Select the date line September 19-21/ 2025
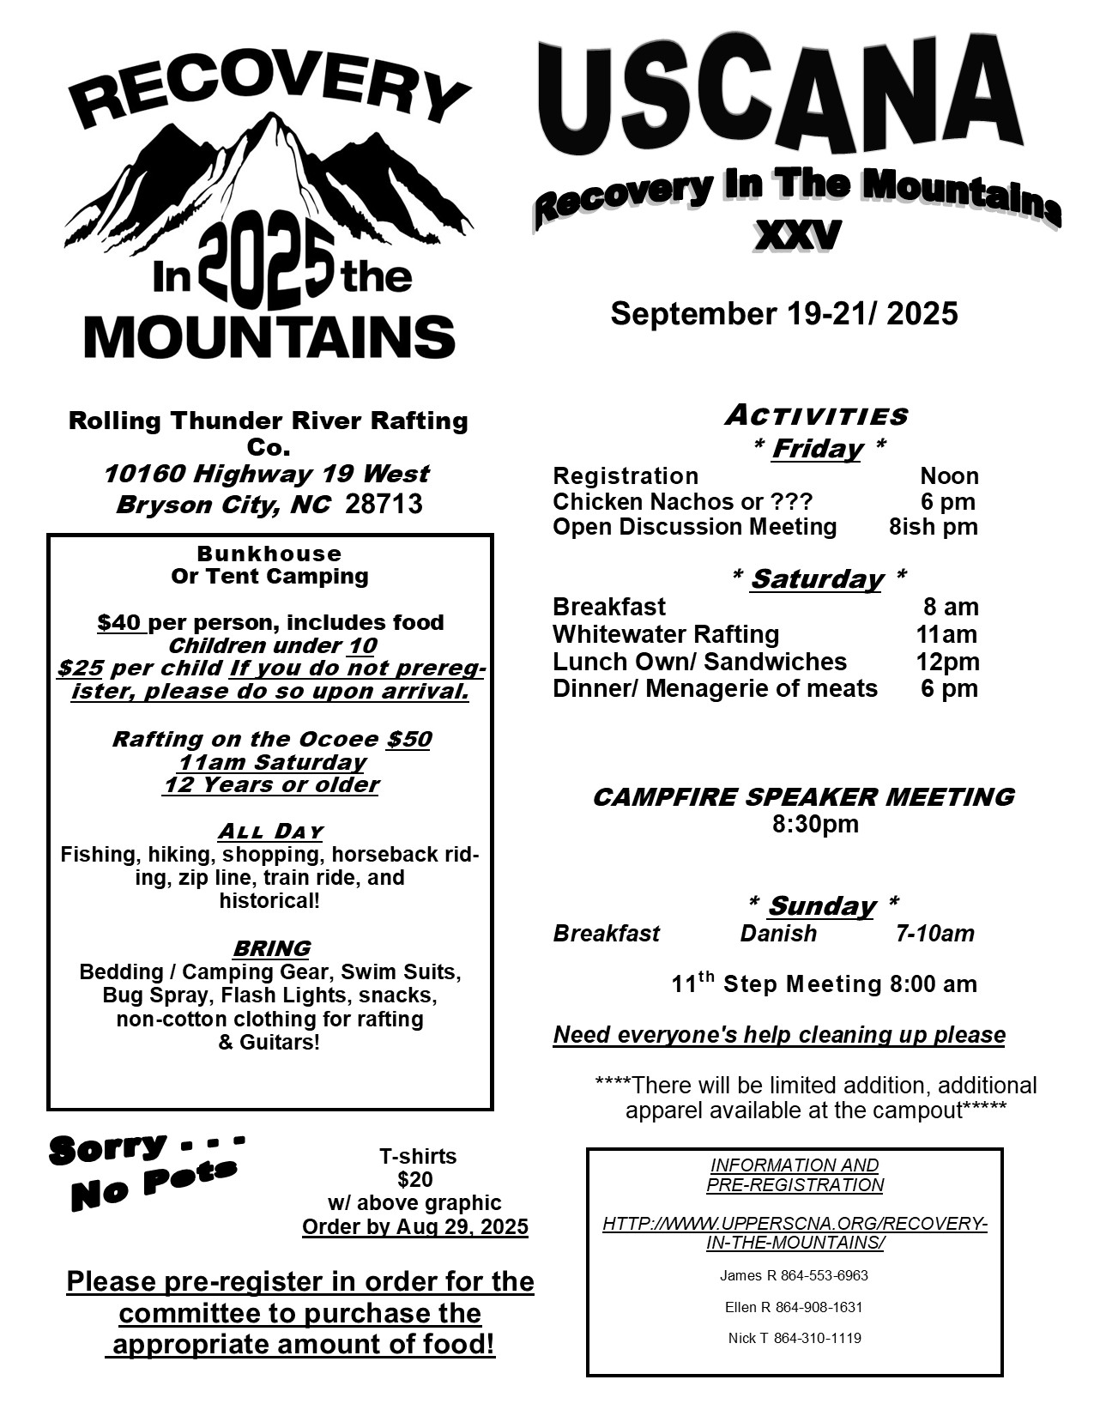coord(783,314)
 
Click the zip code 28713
coord(384,504)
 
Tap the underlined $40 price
coord(120,622)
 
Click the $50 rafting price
coord(408,739)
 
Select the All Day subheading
coord(270,832)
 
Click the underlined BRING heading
coord(271,948)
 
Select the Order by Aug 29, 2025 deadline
coord(415,1226)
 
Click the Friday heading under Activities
coord(817,449)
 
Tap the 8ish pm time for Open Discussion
coord(933,526)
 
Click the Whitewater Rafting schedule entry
coord(666,634)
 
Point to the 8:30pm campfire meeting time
coord(815,825)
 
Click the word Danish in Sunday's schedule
coord(778,933)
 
